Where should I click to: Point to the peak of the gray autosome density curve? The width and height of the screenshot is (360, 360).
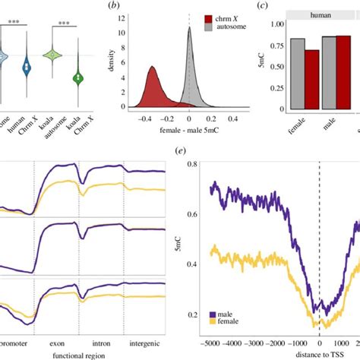tap(189, 29)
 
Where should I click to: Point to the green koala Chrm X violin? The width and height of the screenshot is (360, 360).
tap(76, 76)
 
